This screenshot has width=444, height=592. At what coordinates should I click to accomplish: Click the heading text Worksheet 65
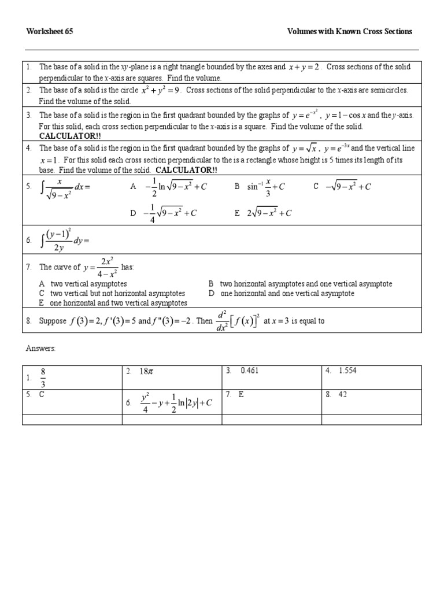point(49,31)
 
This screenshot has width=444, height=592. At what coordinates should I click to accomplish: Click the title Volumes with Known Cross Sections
point(350,31)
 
